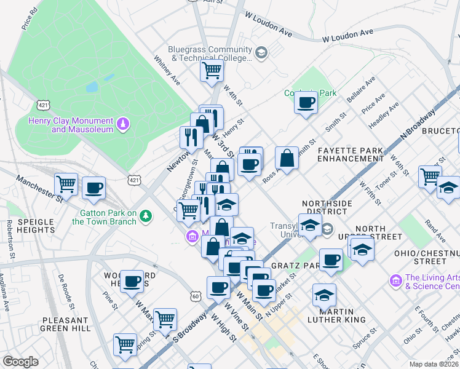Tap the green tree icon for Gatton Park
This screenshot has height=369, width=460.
point(145,216)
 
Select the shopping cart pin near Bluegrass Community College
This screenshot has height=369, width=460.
point(212,70)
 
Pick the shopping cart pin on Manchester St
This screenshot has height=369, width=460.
point(66,183)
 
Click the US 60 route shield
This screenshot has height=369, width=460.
point(196,296)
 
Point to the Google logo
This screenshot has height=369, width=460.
point(21,361)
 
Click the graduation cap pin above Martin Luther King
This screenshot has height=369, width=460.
point(324,296)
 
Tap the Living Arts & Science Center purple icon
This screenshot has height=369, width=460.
point(395,280)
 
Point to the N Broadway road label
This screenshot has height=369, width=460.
point(418,124)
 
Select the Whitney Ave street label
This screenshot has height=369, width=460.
point(167,72)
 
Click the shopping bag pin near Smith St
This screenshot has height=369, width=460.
point(287,159)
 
